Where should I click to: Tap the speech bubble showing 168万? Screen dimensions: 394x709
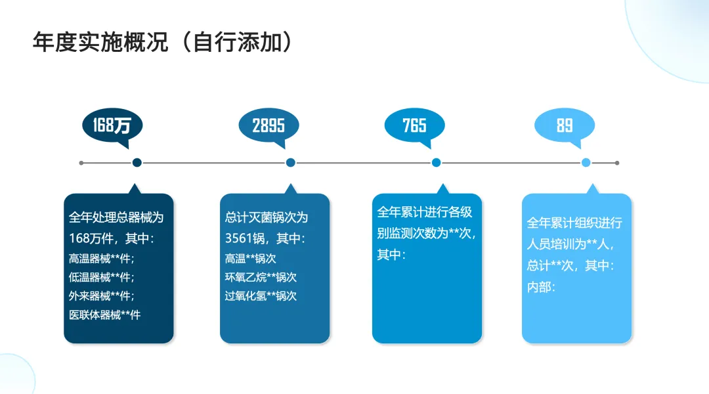click(112, 125)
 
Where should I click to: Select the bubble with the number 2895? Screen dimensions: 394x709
click(269, 125)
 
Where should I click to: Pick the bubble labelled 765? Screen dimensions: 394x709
click(414, 125)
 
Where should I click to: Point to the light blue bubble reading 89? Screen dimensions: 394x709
click(565, 125)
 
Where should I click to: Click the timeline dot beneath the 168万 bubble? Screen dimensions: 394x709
click(137, 163)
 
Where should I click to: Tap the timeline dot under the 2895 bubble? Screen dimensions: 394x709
click(290, 163)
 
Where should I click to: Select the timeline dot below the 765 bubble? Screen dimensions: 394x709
click(436, 163)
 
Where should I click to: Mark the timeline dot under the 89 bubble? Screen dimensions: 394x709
click(586, 163)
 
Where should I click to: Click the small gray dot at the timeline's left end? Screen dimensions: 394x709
click(81, 163)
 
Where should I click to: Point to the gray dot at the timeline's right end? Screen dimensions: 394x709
click(617, 163)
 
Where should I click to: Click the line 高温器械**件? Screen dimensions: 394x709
click(101, 259)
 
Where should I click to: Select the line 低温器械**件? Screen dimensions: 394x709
click(101, 277)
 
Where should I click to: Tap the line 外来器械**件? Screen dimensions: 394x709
click(101, 296)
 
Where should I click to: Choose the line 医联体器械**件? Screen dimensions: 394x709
click(105, 315)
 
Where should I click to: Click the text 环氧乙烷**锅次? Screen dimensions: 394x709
click(261, 277)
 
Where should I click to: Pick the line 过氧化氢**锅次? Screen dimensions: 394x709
click(261, 296)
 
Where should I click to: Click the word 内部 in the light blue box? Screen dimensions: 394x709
click(538, 287)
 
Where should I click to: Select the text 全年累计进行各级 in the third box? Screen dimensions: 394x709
click(424, 212)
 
